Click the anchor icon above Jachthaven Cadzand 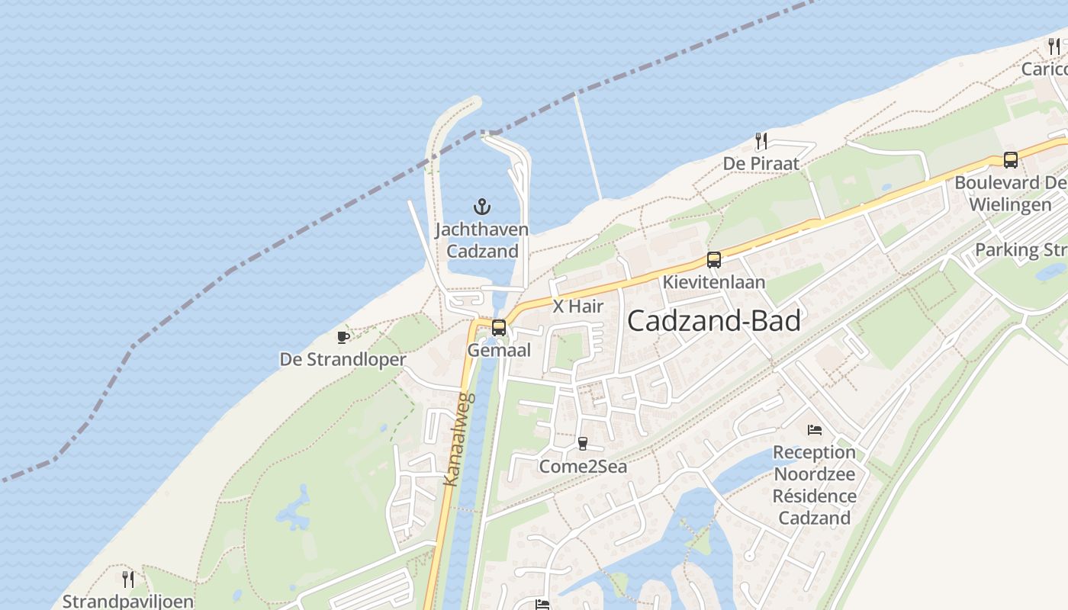[481, 206]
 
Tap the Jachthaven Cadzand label [481, 240]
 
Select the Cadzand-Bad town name [713, 321]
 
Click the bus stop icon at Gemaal [499, 328]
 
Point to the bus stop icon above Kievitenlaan [713, 260]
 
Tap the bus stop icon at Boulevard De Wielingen [1010, 160]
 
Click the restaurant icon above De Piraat [761, 141]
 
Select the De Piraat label [761, 163]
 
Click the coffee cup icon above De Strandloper [343, 337]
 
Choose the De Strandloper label [343, 359]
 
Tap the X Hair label [577, 307]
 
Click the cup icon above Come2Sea [583, 444]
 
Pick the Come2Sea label [583, 466]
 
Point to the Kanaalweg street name [459, 439]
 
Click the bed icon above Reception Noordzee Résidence [815, 430]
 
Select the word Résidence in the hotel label [814, 496]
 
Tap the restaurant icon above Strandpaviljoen [128, 579]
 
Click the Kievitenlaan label [713, 282]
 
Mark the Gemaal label [499, 350]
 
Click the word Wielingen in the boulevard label [1010, 204]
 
